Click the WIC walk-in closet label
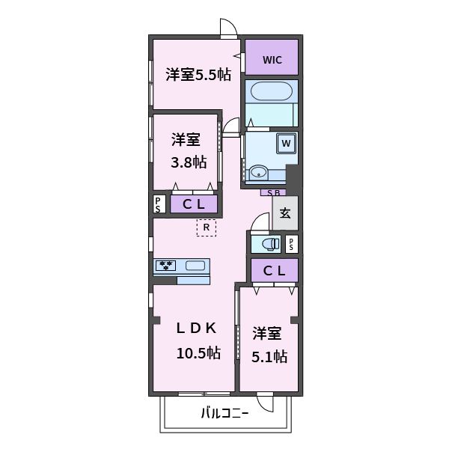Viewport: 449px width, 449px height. (272, 60)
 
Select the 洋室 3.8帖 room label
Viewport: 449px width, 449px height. (186, 150)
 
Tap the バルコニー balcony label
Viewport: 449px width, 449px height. (224, 412)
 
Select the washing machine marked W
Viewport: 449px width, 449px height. (286, 142)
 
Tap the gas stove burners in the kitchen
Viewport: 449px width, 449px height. (167, 265)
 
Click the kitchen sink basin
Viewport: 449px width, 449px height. (196, 265)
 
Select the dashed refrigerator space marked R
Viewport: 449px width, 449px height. (206, 227)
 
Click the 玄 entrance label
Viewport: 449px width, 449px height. (285, 213)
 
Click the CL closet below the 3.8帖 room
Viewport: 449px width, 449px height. (194, 204)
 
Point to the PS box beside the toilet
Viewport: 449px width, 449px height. (292, 243)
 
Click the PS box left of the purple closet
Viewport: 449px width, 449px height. (159, 204)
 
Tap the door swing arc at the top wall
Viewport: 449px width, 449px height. (229, 28)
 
